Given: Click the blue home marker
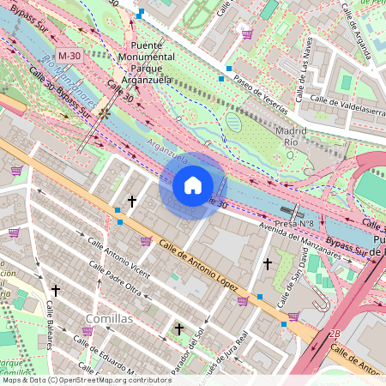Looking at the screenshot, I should [193, 184].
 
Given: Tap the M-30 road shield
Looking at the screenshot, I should [69, 56].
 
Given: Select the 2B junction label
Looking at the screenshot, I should [334, 333].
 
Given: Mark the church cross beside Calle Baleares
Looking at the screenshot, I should [56, 291].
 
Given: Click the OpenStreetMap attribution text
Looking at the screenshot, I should [86, 379].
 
